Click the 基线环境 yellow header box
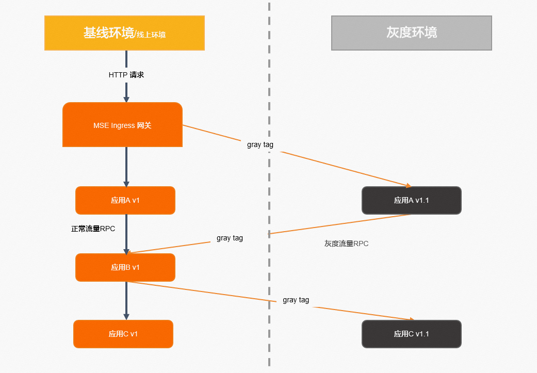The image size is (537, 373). [x=124, y=33]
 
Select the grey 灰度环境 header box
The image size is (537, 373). [x=411, y=33]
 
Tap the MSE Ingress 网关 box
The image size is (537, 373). [x=122, y=125]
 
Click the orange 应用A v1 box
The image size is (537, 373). [x=125, y=200]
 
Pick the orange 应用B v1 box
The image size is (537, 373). [x=125, y=267]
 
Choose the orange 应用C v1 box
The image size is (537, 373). [x=123, y=334]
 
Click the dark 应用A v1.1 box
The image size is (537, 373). [x=411, y=200]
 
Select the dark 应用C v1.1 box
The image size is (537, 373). [x=411, y=334]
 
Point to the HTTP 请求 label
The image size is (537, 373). [x=126, y=75]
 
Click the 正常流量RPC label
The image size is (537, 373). [x=93, y=229]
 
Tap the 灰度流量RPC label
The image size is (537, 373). [x=346, y=244]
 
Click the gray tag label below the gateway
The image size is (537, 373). [x=260, y=145]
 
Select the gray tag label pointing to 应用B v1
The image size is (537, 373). [x=230, y=238]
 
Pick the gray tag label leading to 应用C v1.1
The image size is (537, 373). [x=296, y=300]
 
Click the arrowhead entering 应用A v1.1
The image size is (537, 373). [x=408, y=185]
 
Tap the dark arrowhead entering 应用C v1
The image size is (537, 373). [x=126, y=316]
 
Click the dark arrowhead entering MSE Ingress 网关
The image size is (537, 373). [x=126, y=99]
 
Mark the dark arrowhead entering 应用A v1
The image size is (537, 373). [x=126, y=183]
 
